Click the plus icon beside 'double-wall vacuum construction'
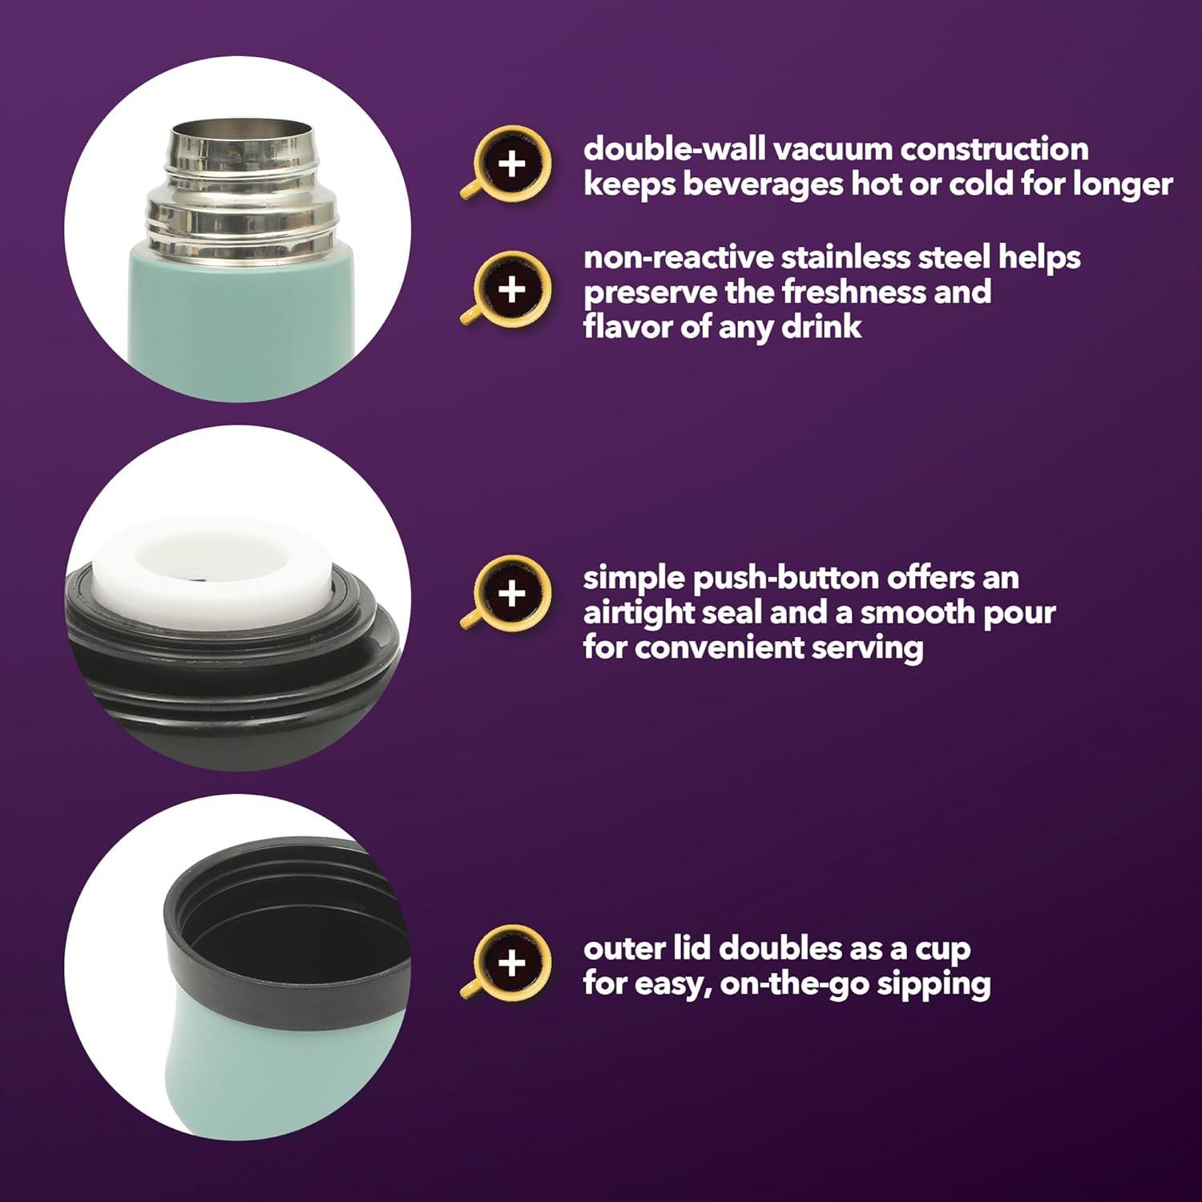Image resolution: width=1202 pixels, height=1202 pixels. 512,164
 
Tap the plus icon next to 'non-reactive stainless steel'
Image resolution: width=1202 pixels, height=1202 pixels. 512,288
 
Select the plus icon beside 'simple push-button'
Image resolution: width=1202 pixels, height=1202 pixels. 512,594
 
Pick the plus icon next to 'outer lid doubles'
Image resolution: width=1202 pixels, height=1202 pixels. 512,962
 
